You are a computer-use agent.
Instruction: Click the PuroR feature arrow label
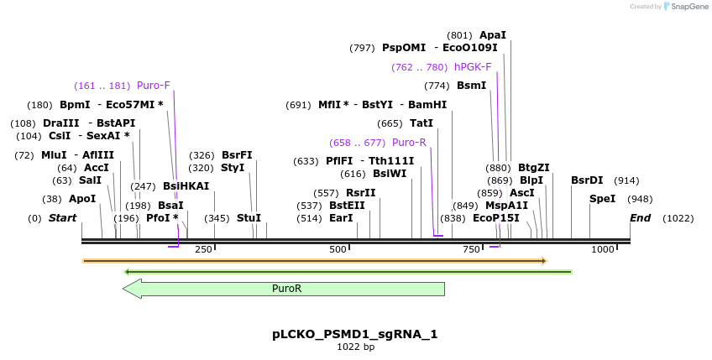coord(286,289)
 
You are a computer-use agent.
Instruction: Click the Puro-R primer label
coord(409,143)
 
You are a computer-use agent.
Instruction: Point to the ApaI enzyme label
coord(493,35)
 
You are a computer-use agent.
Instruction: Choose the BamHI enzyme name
coord(427,105)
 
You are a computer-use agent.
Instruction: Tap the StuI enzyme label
coord(249,218)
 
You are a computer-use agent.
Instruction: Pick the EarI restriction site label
coord(341,218)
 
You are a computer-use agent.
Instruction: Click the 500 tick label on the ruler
coord(338,249)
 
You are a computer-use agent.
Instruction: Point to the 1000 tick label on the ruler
coord(602,249)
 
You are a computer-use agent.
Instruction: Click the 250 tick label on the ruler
coord(203,249)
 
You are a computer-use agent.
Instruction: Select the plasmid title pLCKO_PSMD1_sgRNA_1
coord(355,334)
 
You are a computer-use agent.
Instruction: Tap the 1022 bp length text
coord(355,347)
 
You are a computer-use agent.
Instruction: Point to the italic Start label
coord(63,218)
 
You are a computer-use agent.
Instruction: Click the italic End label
coord(641,218)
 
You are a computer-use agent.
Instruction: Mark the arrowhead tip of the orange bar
coord(546,261)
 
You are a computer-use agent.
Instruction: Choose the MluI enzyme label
coord(53,155)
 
